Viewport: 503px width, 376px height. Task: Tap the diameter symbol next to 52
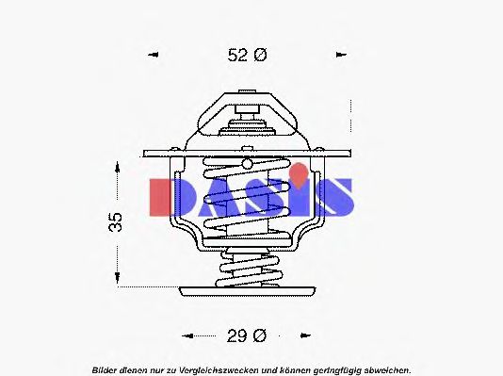click(x=261, y=56)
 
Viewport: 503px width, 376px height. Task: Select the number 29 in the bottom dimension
click(x=236, y=335)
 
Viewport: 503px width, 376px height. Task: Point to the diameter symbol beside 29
click(x=260, y=335)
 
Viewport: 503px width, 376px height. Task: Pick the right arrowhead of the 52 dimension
click(x=341, y=56)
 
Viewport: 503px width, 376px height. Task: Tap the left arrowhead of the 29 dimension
click(x=187, y=335)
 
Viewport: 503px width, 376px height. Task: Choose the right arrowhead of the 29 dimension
click(x=303, y=335)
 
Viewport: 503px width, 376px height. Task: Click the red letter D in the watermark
click(x=167, y=195)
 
